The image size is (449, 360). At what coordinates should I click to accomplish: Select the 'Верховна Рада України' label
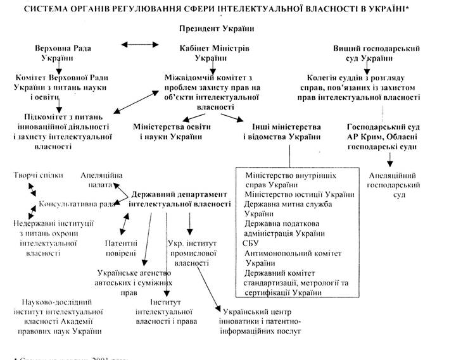59,53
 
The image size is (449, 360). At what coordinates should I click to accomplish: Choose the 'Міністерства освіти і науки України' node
173,132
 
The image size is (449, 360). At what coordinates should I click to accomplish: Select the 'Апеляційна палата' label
102,180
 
